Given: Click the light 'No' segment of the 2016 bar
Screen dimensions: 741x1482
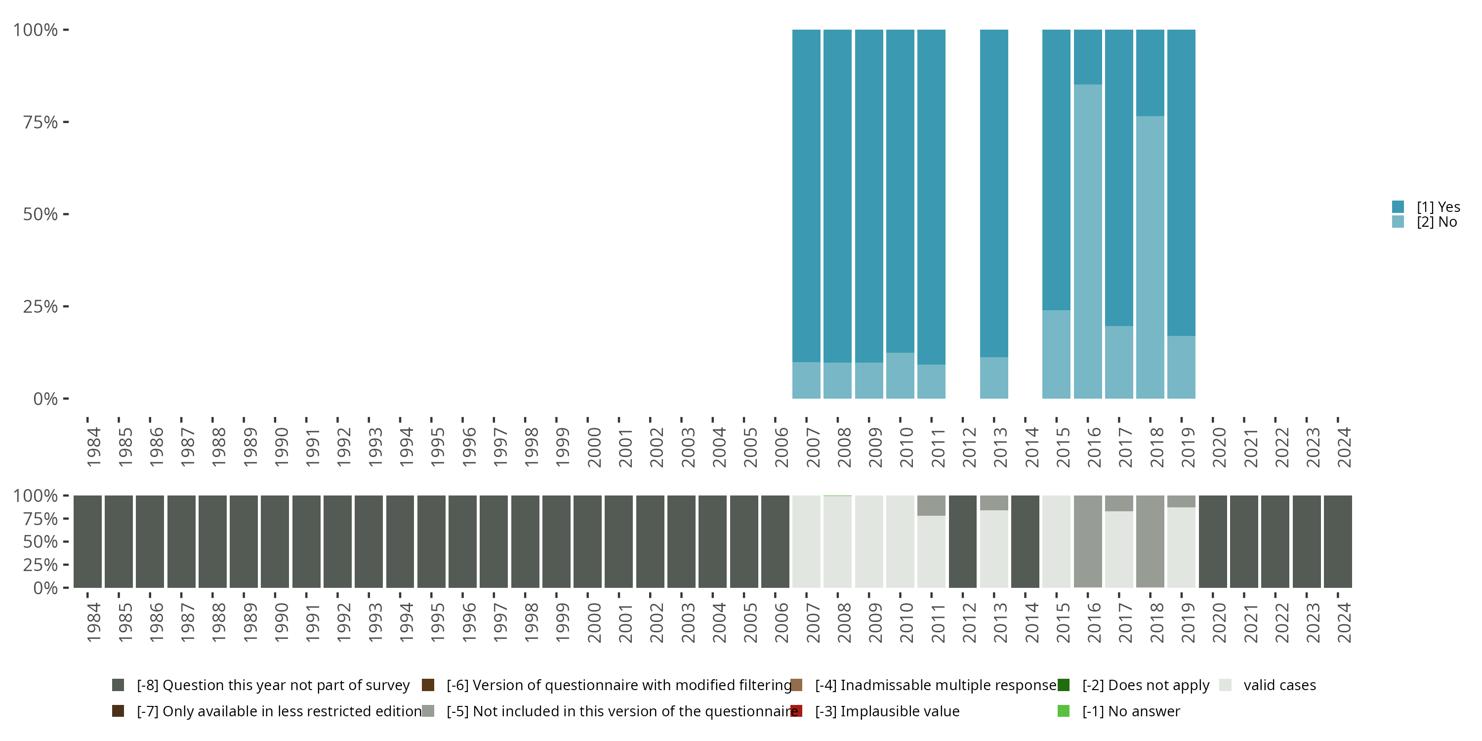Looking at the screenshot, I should pyautogui.click(x=1087, y=242).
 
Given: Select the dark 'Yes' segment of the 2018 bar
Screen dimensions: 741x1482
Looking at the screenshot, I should pyautogui.click(x=1150, y=73).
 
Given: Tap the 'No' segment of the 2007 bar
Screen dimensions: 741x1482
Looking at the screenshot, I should pyautogui.click(x=806, y=380).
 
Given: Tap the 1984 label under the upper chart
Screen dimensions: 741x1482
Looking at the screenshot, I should pyautogui.click(x=94, y=447).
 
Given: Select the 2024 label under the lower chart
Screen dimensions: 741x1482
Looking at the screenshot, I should pyautogui.click(x=1343, y=622).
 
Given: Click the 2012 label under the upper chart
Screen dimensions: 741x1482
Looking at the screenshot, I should pyautogui.click(x=969, y=447).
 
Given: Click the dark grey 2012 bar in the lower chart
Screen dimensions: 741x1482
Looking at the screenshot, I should pyautogui.click(x=962, y=541).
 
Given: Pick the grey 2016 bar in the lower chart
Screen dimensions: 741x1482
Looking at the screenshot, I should pyautogui.click(x=1087, y=541).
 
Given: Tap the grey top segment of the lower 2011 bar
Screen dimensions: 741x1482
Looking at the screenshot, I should pyautogui.click(x=931, y=505).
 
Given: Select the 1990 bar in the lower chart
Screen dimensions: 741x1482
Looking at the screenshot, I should pyautogui.click(x=275, y=541).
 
